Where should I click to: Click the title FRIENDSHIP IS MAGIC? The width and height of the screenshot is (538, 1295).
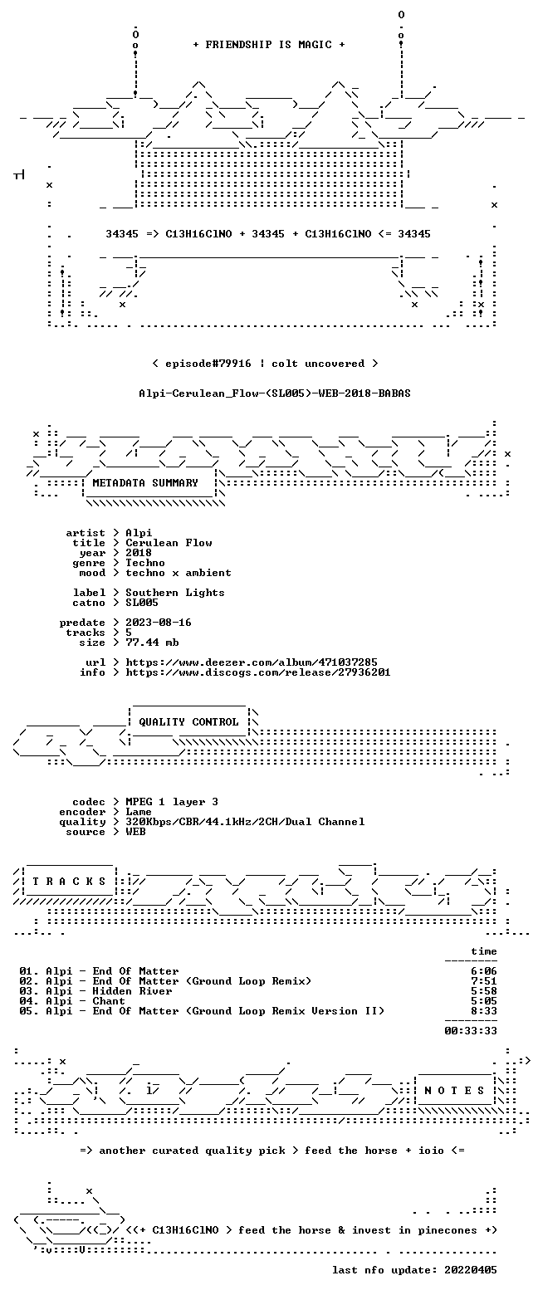click(269, 45)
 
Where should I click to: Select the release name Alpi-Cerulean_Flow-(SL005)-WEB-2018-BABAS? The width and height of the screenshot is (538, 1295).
click(275, 393)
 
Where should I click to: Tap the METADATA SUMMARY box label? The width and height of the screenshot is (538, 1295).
click(145, 483)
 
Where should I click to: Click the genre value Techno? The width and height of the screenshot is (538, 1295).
click(145, 563)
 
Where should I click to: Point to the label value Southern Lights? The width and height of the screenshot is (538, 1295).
click(174, 593)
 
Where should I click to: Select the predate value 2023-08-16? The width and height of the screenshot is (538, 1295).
click(159, 623)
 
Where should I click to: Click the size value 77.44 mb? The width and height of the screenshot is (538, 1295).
click(152, 643)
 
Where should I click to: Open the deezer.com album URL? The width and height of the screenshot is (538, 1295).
click(252, 662)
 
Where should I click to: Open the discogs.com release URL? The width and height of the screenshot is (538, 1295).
click(258, 672)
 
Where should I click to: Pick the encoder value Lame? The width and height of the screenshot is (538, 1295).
click(139, 812)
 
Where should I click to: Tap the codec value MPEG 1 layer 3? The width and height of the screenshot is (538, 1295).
click(172, 802)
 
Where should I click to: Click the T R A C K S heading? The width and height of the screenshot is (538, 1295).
click(69, 882)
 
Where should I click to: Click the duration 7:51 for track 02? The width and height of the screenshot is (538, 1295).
click(484, 981)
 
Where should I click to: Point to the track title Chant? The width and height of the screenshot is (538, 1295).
click(109, 1001)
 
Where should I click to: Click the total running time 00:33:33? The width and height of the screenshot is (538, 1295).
click(471, 1031)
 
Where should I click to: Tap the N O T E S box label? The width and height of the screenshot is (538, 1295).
click(454, 1090)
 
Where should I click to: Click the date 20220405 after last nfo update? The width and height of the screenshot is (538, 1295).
click(471, 1270)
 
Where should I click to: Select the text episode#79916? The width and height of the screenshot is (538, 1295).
click(208, 364)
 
